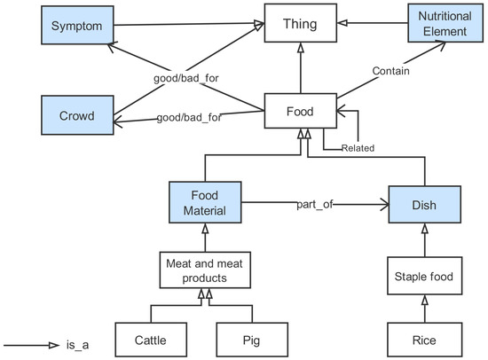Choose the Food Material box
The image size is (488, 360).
point(205,203)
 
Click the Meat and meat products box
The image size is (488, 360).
point(205,269)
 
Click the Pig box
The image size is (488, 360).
point(252,338)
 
